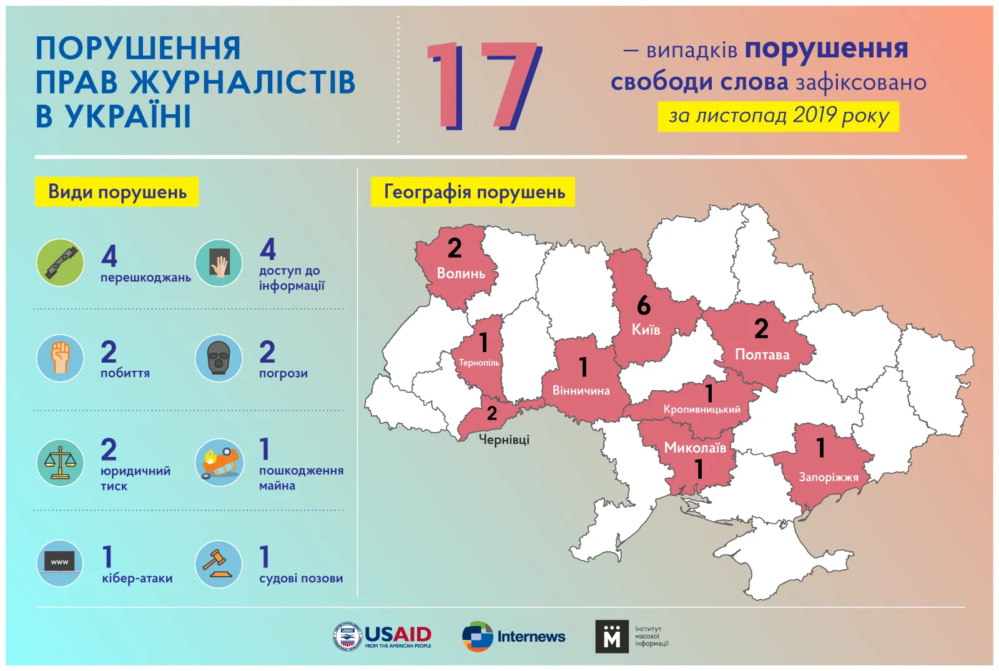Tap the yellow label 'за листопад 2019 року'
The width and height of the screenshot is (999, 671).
(778, 116)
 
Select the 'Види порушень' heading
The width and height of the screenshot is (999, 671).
(117, 192)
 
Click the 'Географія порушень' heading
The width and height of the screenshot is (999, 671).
(473, 192)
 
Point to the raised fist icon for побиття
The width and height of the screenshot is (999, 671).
(60, 358)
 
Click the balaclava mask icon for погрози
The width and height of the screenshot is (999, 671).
(219, 358)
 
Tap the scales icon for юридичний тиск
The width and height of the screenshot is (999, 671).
(60, 463)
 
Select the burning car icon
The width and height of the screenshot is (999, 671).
(219, 463)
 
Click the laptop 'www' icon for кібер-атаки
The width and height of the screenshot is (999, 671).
(60, 564)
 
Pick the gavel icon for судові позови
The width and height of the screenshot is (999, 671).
(219, 564)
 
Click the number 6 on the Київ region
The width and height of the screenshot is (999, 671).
(644, 305)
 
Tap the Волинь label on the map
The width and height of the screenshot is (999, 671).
(461, 273)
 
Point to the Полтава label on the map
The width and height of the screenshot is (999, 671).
(762, 355)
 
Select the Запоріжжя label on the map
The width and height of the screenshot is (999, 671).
(828, 478)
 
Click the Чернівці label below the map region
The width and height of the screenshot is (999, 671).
(504, 439)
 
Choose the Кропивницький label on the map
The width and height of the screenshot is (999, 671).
(702, 409)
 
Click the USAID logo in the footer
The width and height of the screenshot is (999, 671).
(382, 636)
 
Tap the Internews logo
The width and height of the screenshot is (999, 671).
(513, 636)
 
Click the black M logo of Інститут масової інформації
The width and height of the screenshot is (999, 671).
(612, 636)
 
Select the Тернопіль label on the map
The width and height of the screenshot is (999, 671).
(479, 363)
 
